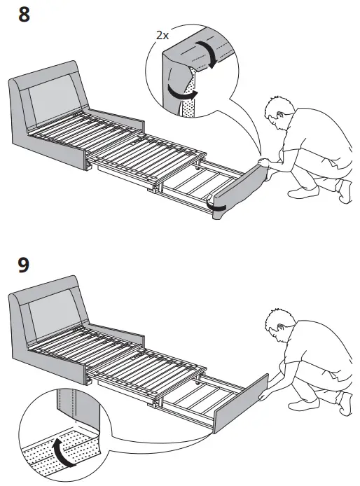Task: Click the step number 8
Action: (x=23, y=15)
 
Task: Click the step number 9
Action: (x=23, y=267)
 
